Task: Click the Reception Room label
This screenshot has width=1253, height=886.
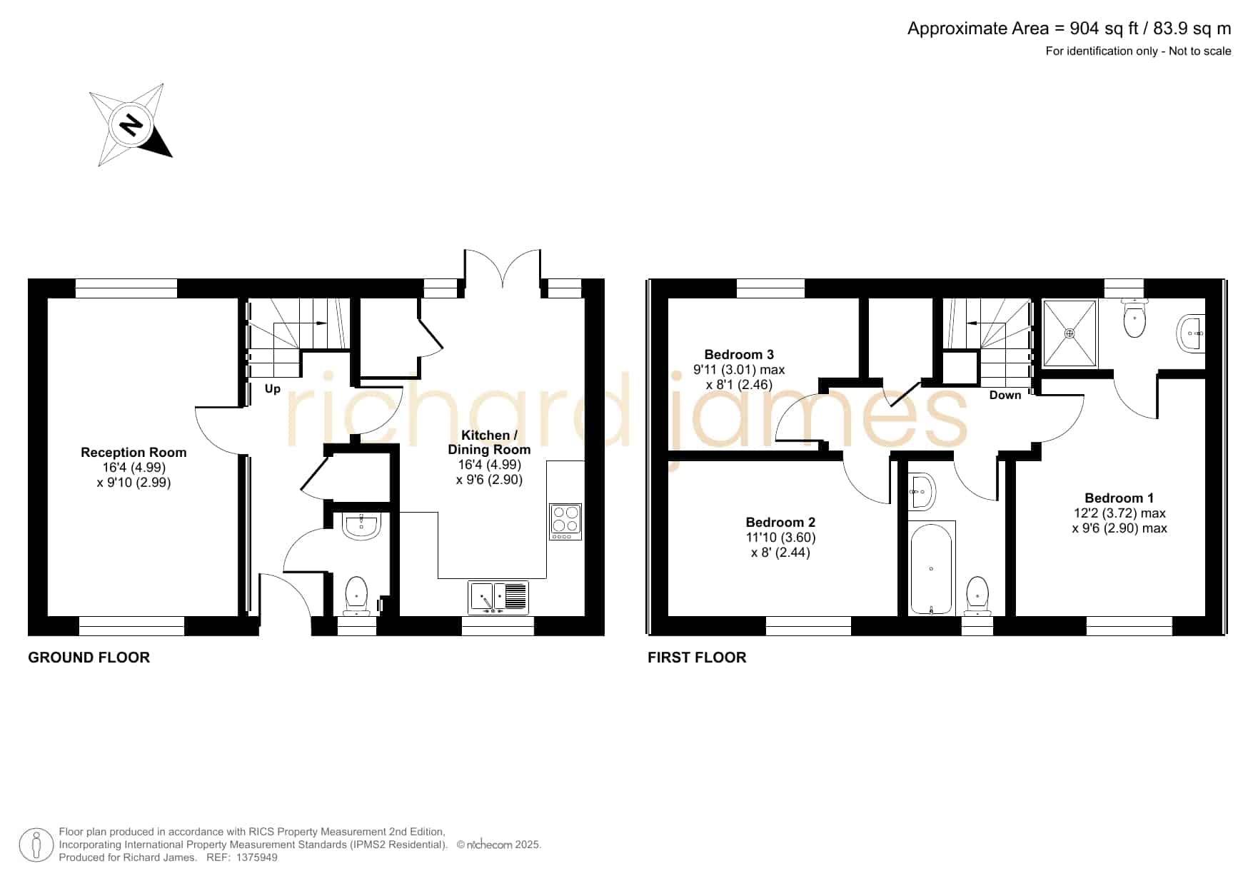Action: (x=134, y=453)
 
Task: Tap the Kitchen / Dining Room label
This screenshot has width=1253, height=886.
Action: (x=489, y=442)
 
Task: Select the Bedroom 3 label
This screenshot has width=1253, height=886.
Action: (x=739, y=355)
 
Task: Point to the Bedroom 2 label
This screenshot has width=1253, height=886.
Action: (x=780, y=523)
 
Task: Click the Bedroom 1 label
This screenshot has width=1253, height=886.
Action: (x=1119, y=498)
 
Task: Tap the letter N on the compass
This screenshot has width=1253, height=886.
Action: (x=131, y=126)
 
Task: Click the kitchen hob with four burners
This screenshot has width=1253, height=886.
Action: (x=566, y=522)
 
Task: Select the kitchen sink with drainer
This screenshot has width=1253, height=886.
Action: (x=499, y=598)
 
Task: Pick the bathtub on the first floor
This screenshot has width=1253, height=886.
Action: (x=931, y=568)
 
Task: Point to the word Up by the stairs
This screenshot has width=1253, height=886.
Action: (x=273, y=389)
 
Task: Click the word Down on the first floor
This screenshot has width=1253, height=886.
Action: (x=1005, y=395)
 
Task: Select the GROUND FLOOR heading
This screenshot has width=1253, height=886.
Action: (x=89, y=658)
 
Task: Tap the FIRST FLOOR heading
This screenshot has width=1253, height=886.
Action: (x=697, y=658)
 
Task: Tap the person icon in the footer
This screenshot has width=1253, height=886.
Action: (x=36, y=845)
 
